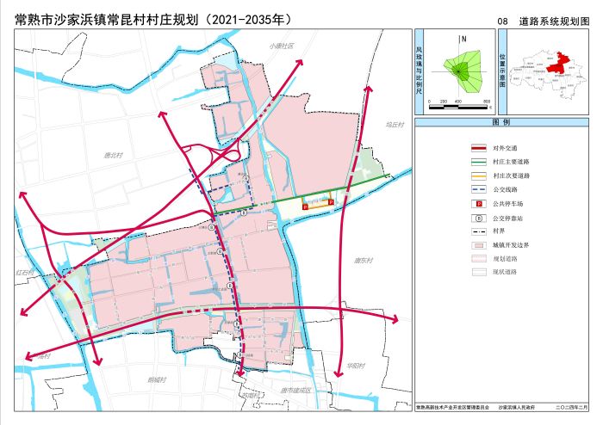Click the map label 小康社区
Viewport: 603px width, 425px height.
(281, 46)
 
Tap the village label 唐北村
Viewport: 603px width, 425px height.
(114, 156)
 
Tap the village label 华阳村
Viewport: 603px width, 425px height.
(356, 366)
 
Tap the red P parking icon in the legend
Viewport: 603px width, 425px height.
(477, 202)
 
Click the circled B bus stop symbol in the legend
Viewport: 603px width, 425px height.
(477, 216)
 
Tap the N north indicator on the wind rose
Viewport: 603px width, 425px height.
(463, 38)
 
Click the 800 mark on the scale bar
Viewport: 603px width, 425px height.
(486, 102)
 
